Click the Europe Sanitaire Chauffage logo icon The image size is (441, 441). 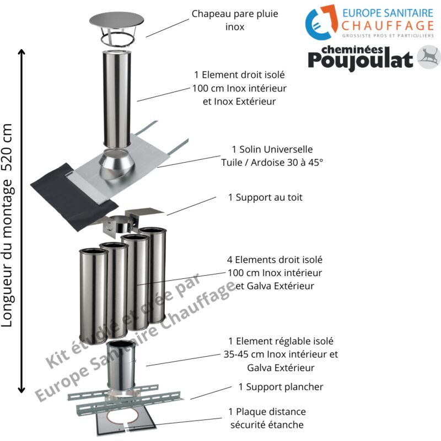click(x=321, y=20)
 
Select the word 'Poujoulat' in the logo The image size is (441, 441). click(x=360, y=60)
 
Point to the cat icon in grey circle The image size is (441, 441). click(x=428, y=57)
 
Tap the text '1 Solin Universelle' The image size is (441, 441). click(x=272, y=149)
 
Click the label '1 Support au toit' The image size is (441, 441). click(x=265, y=197)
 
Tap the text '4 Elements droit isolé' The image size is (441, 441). click(x=275, y=259)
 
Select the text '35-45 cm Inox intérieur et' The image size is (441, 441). click(x=281, y=354)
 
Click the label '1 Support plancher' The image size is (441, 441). click(x=281, y=386)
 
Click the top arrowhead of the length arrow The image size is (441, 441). click(x=22, y=53)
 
